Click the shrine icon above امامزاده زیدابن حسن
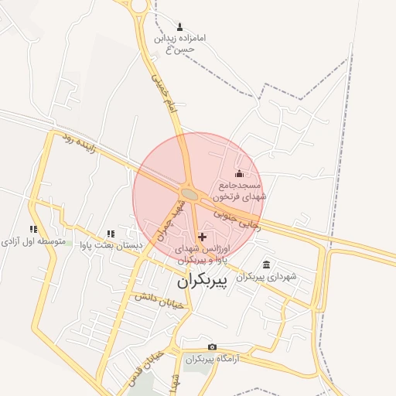coord(180,26)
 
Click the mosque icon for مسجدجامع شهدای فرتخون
coord(239,172)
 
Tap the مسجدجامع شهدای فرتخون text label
coord(241,191)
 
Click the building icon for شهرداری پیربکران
coord(267,265)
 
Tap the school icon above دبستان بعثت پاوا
coord(111,234)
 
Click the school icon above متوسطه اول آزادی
coord(32,229)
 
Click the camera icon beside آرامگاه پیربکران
coord(212,347)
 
